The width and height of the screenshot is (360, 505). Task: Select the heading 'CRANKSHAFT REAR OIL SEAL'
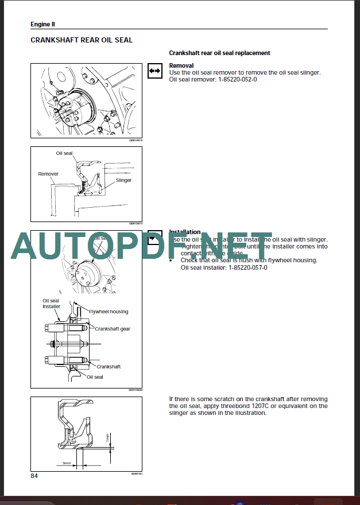81,40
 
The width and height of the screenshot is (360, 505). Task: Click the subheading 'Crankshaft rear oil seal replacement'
219,53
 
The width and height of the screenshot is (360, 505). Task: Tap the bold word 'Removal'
181,65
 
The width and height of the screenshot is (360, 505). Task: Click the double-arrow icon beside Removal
154,68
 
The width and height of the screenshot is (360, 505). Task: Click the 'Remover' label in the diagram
48,174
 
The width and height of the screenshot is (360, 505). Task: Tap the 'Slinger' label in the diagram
123,180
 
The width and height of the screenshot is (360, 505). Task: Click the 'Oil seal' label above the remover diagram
64,153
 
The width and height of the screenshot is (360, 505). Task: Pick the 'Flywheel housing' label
109,312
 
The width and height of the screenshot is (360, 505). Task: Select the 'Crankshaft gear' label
113,329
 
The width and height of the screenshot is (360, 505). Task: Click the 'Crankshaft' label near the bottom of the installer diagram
109,366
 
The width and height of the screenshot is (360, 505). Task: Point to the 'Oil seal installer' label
51,304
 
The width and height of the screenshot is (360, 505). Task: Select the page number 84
36,476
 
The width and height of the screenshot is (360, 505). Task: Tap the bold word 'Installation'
185,232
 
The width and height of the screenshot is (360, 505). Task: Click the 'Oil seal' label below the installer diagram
95,377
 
